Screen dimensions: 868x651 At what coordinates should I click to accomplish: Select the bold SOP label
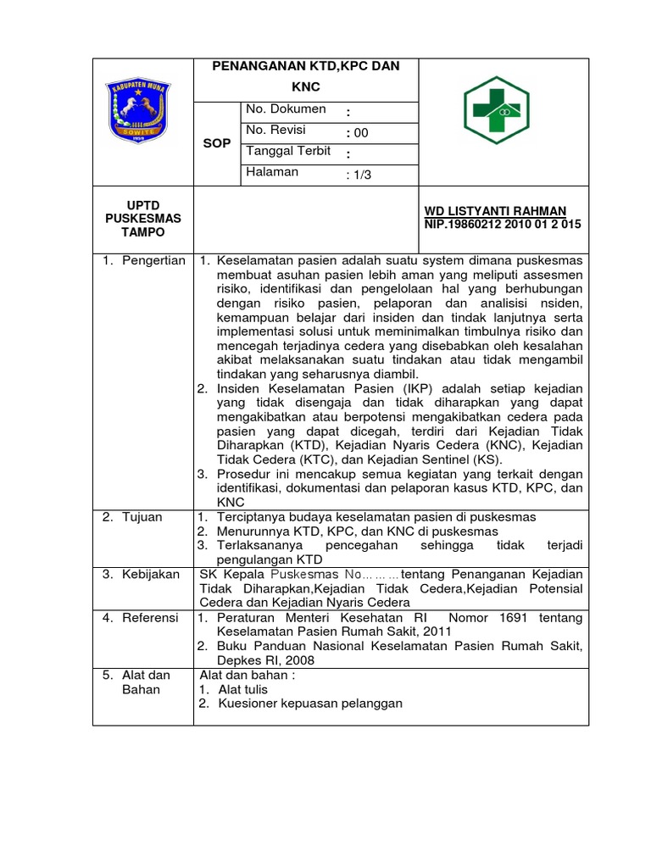217,143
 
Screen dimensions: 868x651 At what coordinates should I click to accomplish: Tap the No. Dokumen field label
286,109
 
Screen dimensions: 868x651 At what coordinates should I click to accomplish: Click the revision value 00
359,133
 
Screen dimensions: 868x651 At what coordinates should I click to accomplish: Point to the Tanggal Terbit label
287,151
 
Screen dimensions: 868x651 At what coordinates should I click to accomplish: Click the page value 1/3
359,175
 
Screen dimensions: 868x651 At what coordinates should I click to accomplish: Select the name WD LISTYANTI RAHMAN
495,211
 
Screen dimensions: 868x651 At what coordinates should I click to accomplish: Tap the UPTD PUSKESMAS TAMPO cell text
143,219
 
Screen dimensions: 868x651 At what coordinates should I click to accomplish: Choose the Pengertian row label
144,261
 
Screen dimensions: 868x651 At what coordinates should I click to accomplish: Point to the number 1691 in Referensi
497,618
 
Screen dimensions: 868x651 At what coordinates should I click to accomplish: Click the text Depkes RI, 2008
265,659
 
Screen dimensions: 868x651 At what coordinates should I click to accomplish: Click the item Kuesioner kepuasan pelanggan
310,703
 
